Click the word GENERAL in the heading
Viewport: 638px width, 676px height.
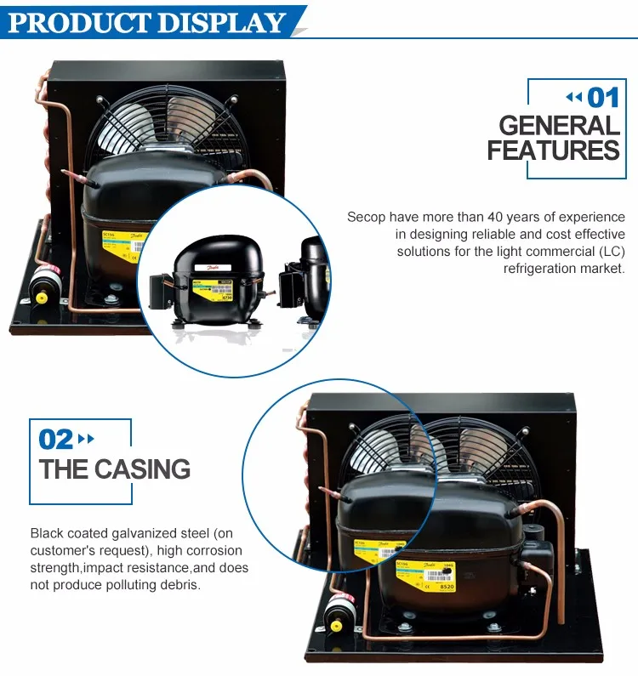[x=559, y=126]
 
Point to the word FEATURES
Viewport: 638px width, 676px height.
[x=553, y=151]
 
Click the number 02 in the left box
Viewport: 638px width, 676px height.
[x=56, y=439]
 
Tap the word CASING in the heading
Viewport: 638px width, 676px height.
[x=142, y=469]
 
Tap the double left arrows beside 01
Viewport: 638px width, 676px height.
[x=575, y=97]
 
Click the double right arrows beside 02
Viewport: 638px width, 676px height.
[x=86, y=439]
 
